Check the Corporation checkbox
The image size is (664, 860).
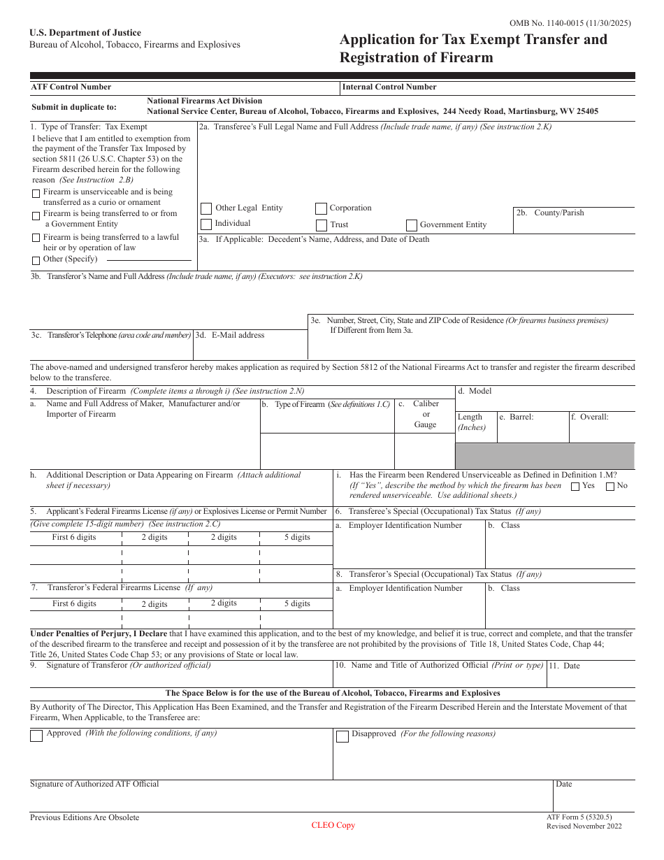coord(321,208)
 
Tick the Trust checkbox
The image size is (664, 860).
coord(321,225)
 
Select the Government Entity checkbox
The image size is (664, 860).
coord(412,225)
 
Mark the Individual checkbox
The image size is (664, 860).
coord(206,224)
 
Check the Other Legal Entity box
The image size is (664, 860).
coord(206,208)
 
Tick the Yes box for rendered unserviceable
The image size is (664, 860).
coord(575,486)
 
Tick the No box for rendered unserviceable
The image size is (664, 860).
coord(610,486)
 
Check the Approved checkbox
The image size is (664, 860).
coord(36,736)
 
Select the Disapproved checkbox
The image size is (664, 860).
coord(342,736)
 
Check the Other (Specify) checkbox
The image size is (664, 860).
coord(36,260)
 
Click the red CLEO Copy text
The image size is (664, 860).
coord(333,825)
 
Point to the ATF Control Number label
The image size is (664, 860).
coord(71,87)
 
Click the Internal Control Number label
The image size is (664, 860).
coord(389,87)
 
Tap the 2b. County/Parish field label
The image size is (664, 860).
coord(549,213)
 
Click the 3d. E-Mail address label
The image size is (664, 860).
coord(231,335)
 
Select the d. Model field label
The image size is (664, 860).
coord(475,392)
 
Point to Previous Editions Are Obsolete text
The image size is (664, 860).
coord(85,817)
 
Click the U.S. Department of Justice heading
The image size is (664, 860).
coord(85,33)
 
